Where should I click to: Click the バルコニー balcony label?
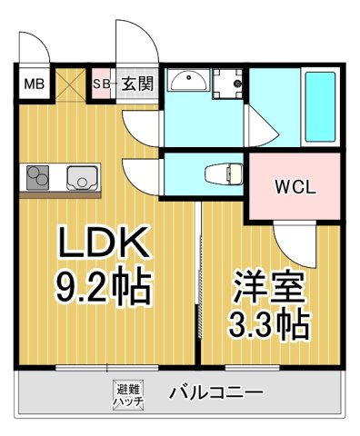click(216, 393)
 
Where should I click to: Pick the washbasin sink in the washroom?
click(188, 81)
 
